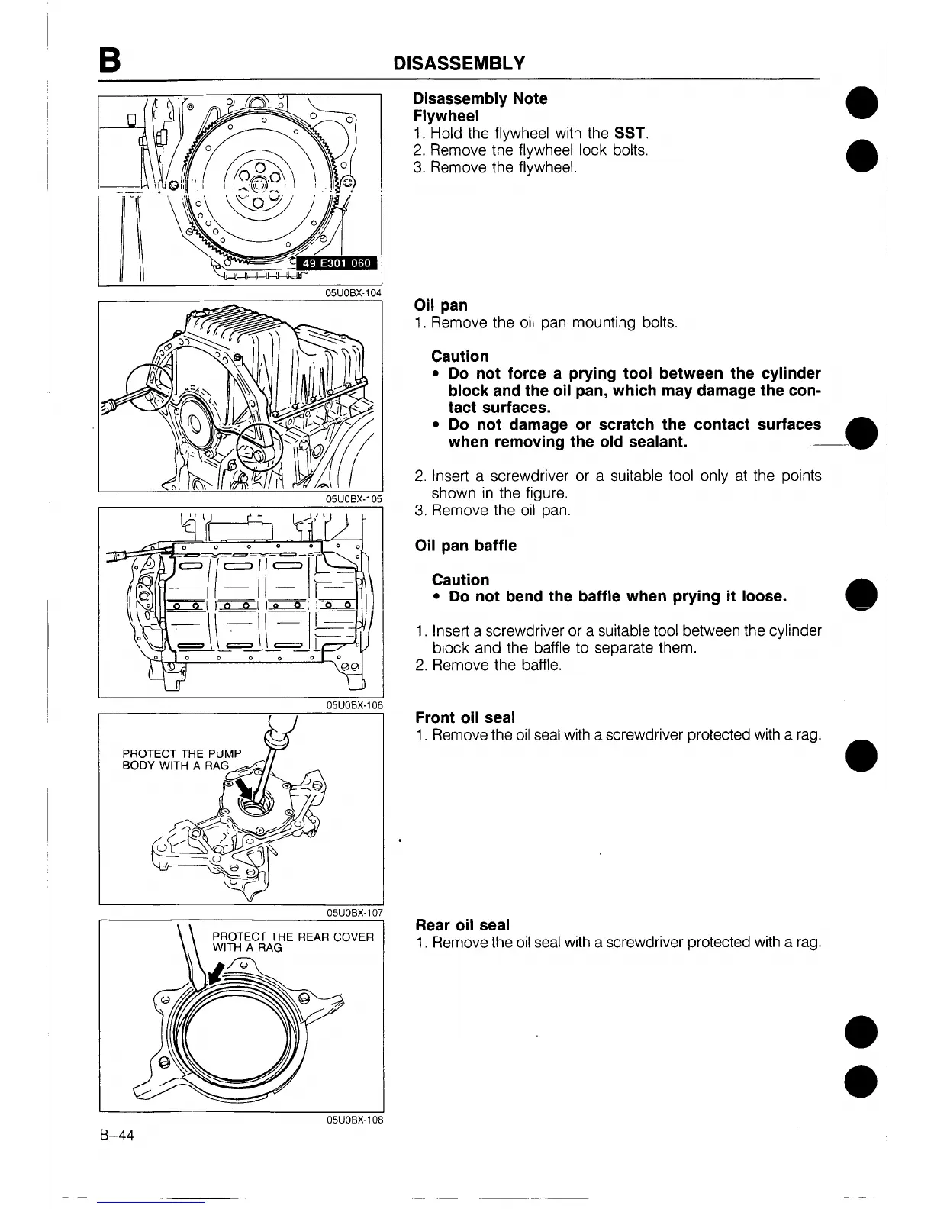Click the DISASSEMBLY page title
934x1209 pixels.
pos(458,62)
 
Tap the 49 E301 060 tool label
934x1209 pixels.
pos(337,264)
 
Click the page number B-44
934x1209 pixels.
pos(116,1136)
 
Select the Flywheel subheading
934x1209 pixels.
pos(446,116)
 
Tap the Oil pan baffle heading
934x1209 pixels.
pos(465,546)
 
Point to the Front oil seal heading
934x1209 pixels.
pos(465,717)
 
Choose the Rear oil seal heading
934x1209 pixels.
pos(461,925)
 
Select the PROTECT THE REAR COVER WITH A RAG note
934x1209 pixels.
pos(292,942)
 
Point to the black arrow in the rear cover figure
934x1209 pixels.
pos(217,972)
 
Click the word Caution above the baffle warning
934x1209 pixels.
pos(460,580)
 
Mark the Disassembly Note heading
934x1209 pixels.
pos(480,98)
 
